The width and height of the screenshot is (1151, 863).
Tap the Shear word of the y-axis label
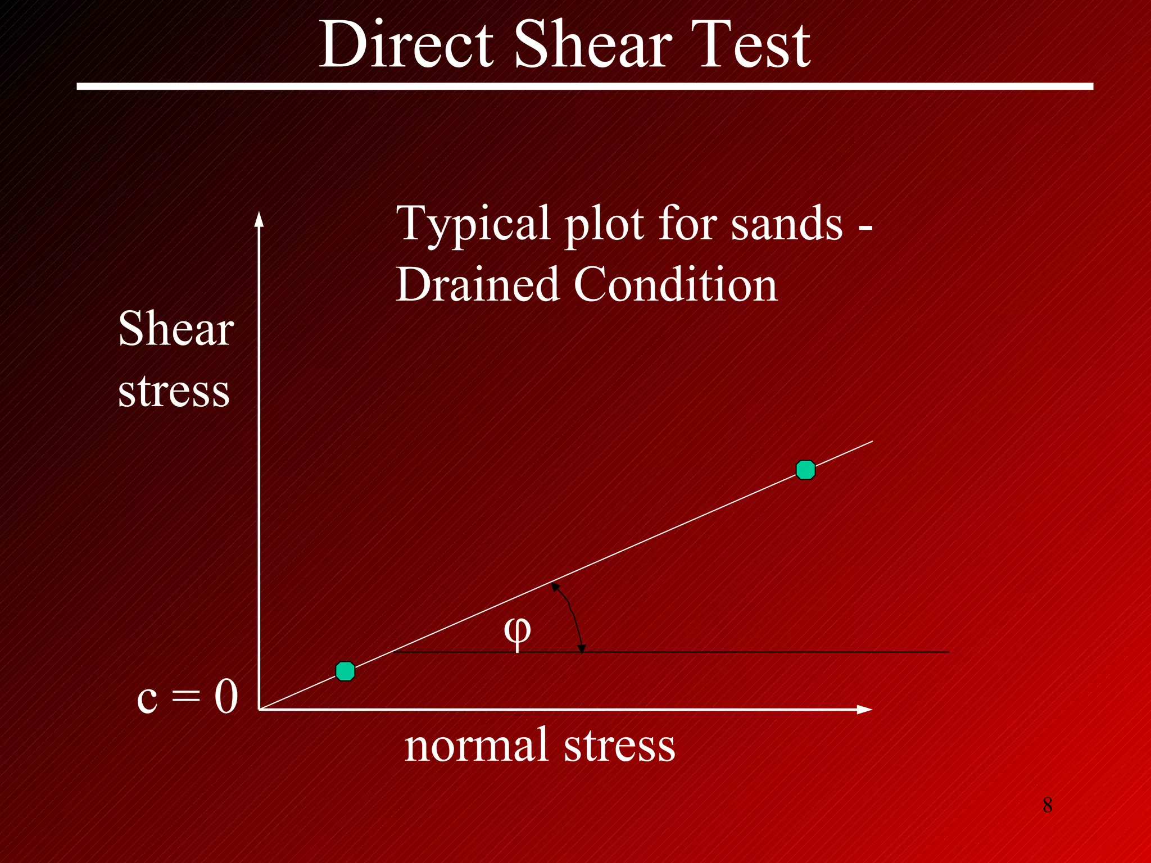coord(176,329)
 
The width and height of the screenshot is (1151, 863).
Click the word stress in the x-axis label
coord(619,745)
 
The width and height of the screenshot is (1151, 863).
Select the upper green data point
coord(805,470)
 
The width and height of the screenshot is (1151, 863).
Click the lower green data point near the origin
coord(345,671)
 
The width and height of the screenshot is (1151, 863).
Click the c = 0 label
coord(187,697)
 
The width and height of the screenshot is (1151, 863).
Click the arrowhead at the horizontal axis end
coord(864,710)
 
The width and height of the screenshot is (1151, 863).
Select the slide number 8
coord(1048,805)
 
